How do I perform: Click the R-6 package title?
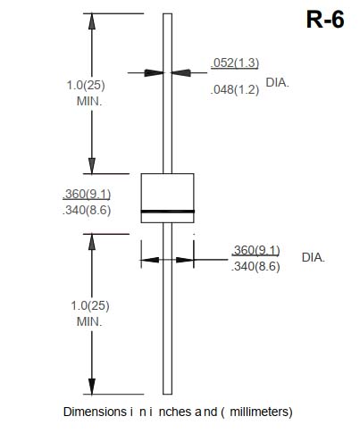tap(325, 20)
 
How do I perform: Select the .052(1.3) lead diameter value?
tap(235, 62)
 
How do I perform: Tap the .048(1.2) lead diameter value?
tap(235, 89)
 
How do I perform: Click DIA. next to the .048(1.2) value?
tap(277, 82)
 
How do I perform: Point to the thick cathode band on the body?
tap(168, 212)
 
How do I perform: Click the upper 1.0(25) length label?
tap(86, 85)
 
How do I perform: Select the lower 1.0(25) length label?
tap(90, 305)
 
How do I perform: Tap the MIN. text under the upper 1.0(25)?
tap(89, 101)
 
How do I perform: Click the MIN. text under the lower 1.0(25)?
tap(89, 321)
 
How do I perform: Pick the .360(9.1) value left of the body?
tap(87, 194)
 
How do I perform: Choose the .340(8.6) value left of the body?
tap(87, 210)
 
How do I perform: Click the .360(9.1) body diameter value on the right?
tap(255, 250)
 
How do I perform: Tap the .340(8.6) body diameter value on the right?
tap(255, 266)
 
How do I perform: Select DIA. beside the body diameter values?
tap(314, 257)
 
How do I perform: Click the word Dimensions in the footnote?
tap(95, 412)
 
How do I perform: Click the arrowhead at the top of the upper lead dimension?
tap(92, 21)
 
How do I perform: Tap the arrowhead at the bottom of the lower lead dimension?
tap(92, 387)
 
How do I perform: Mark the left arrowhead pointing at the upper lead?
tap(154, 72)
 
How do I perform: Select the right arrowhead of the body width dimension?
tap(185, 260)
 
